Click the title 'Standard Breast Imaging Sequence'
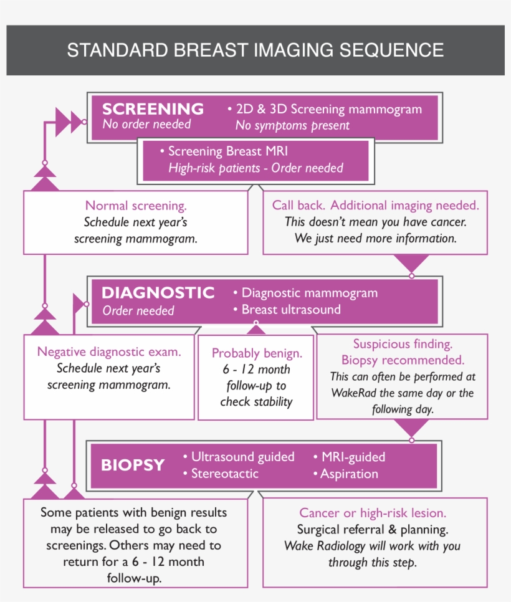[255, 50]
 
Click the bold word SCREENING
[153, 108]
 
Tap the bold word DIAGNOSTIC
[158, 292]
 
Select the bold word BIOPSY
[133, 465]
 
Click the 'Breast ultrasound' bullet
[290, 309]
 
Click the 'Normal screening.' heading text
[135, 206]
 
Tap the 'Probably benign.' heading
[257, 353]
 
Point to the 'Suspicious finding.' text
[403, 344]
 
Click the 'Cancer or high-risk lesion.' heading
[373, 513]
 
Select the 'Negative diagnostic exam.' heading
[109, 351]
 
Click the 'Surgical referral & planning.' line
[373, 530]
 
